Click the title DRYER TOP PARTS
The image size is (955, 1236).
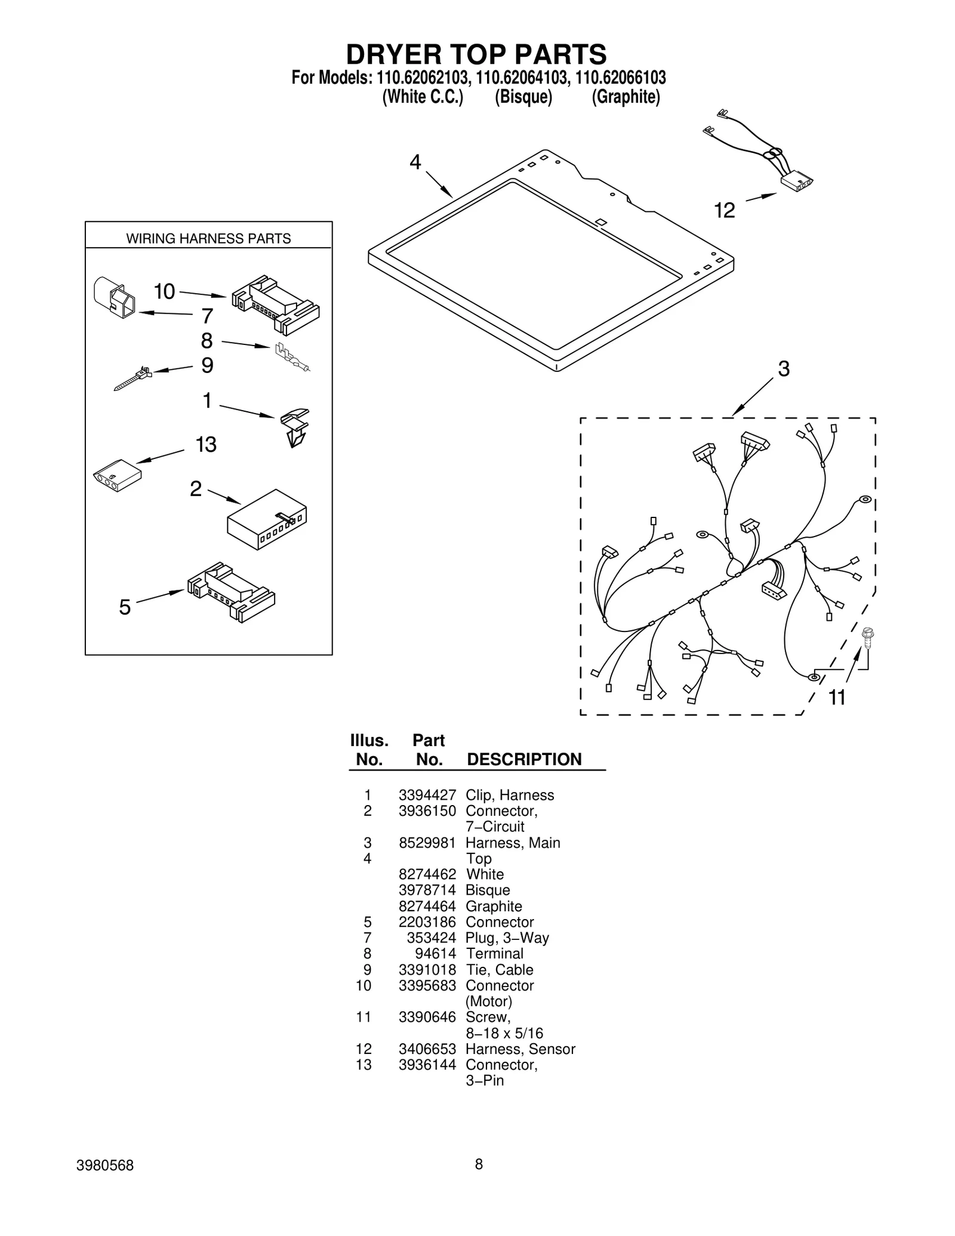pyautogui.click(x=476, y=54)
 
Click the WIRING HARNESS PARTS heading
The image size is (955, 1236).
pyautogui.click(x=208, y=239)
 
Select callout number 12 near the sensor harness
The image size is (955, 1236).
pyautogui.click(x=725, y=210)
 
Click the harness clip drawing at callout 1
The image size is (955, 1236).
pyautogui.click(x=295, y=427)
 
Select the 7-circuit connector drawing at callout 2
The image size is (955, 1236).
pyautogui.click(x=267, y=519)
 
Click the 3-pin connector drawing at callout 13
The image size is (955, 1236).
pyautogui.click(x=117, y=475)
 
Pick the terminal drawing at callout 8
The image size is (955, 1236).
pyautogui.click(x=292, y=358)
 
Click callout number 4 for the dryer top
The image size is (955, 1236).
pyautogui.click(x=415, y=162)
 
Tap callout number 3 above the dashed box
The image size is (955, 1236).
pyautogui.click(x=784, y=369)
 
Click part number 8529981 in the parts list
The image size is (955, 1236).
pyautogui.click(x=427, y=843)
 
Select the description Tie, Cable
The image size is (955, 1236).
pyautogui.click(x=499, y=970)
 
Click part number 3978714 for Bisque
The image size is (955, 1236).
pyautogui.click(x=427, y=890)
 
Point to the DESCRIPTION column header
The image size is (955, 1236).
pyautogui.click(x=523, y=759)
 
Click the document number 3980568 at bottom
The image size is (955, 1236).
pyautogui.click(x=105, y=1166)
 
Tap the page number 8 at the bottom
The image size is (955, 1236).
pyautogui.click(x=479, y=1164)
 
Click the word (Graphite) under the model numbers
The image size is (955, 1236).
pyautogui.click(x=626, y=97)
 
